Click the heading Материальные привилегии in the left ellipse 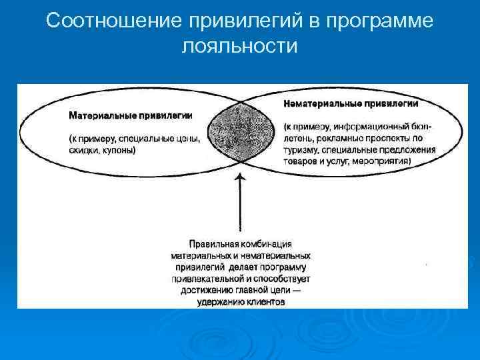pos(131,115)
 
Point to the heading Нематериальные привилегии pos(351,104)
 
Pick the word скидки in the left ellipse pos(84,151)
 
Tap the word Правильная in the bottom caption pos(211,244)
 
